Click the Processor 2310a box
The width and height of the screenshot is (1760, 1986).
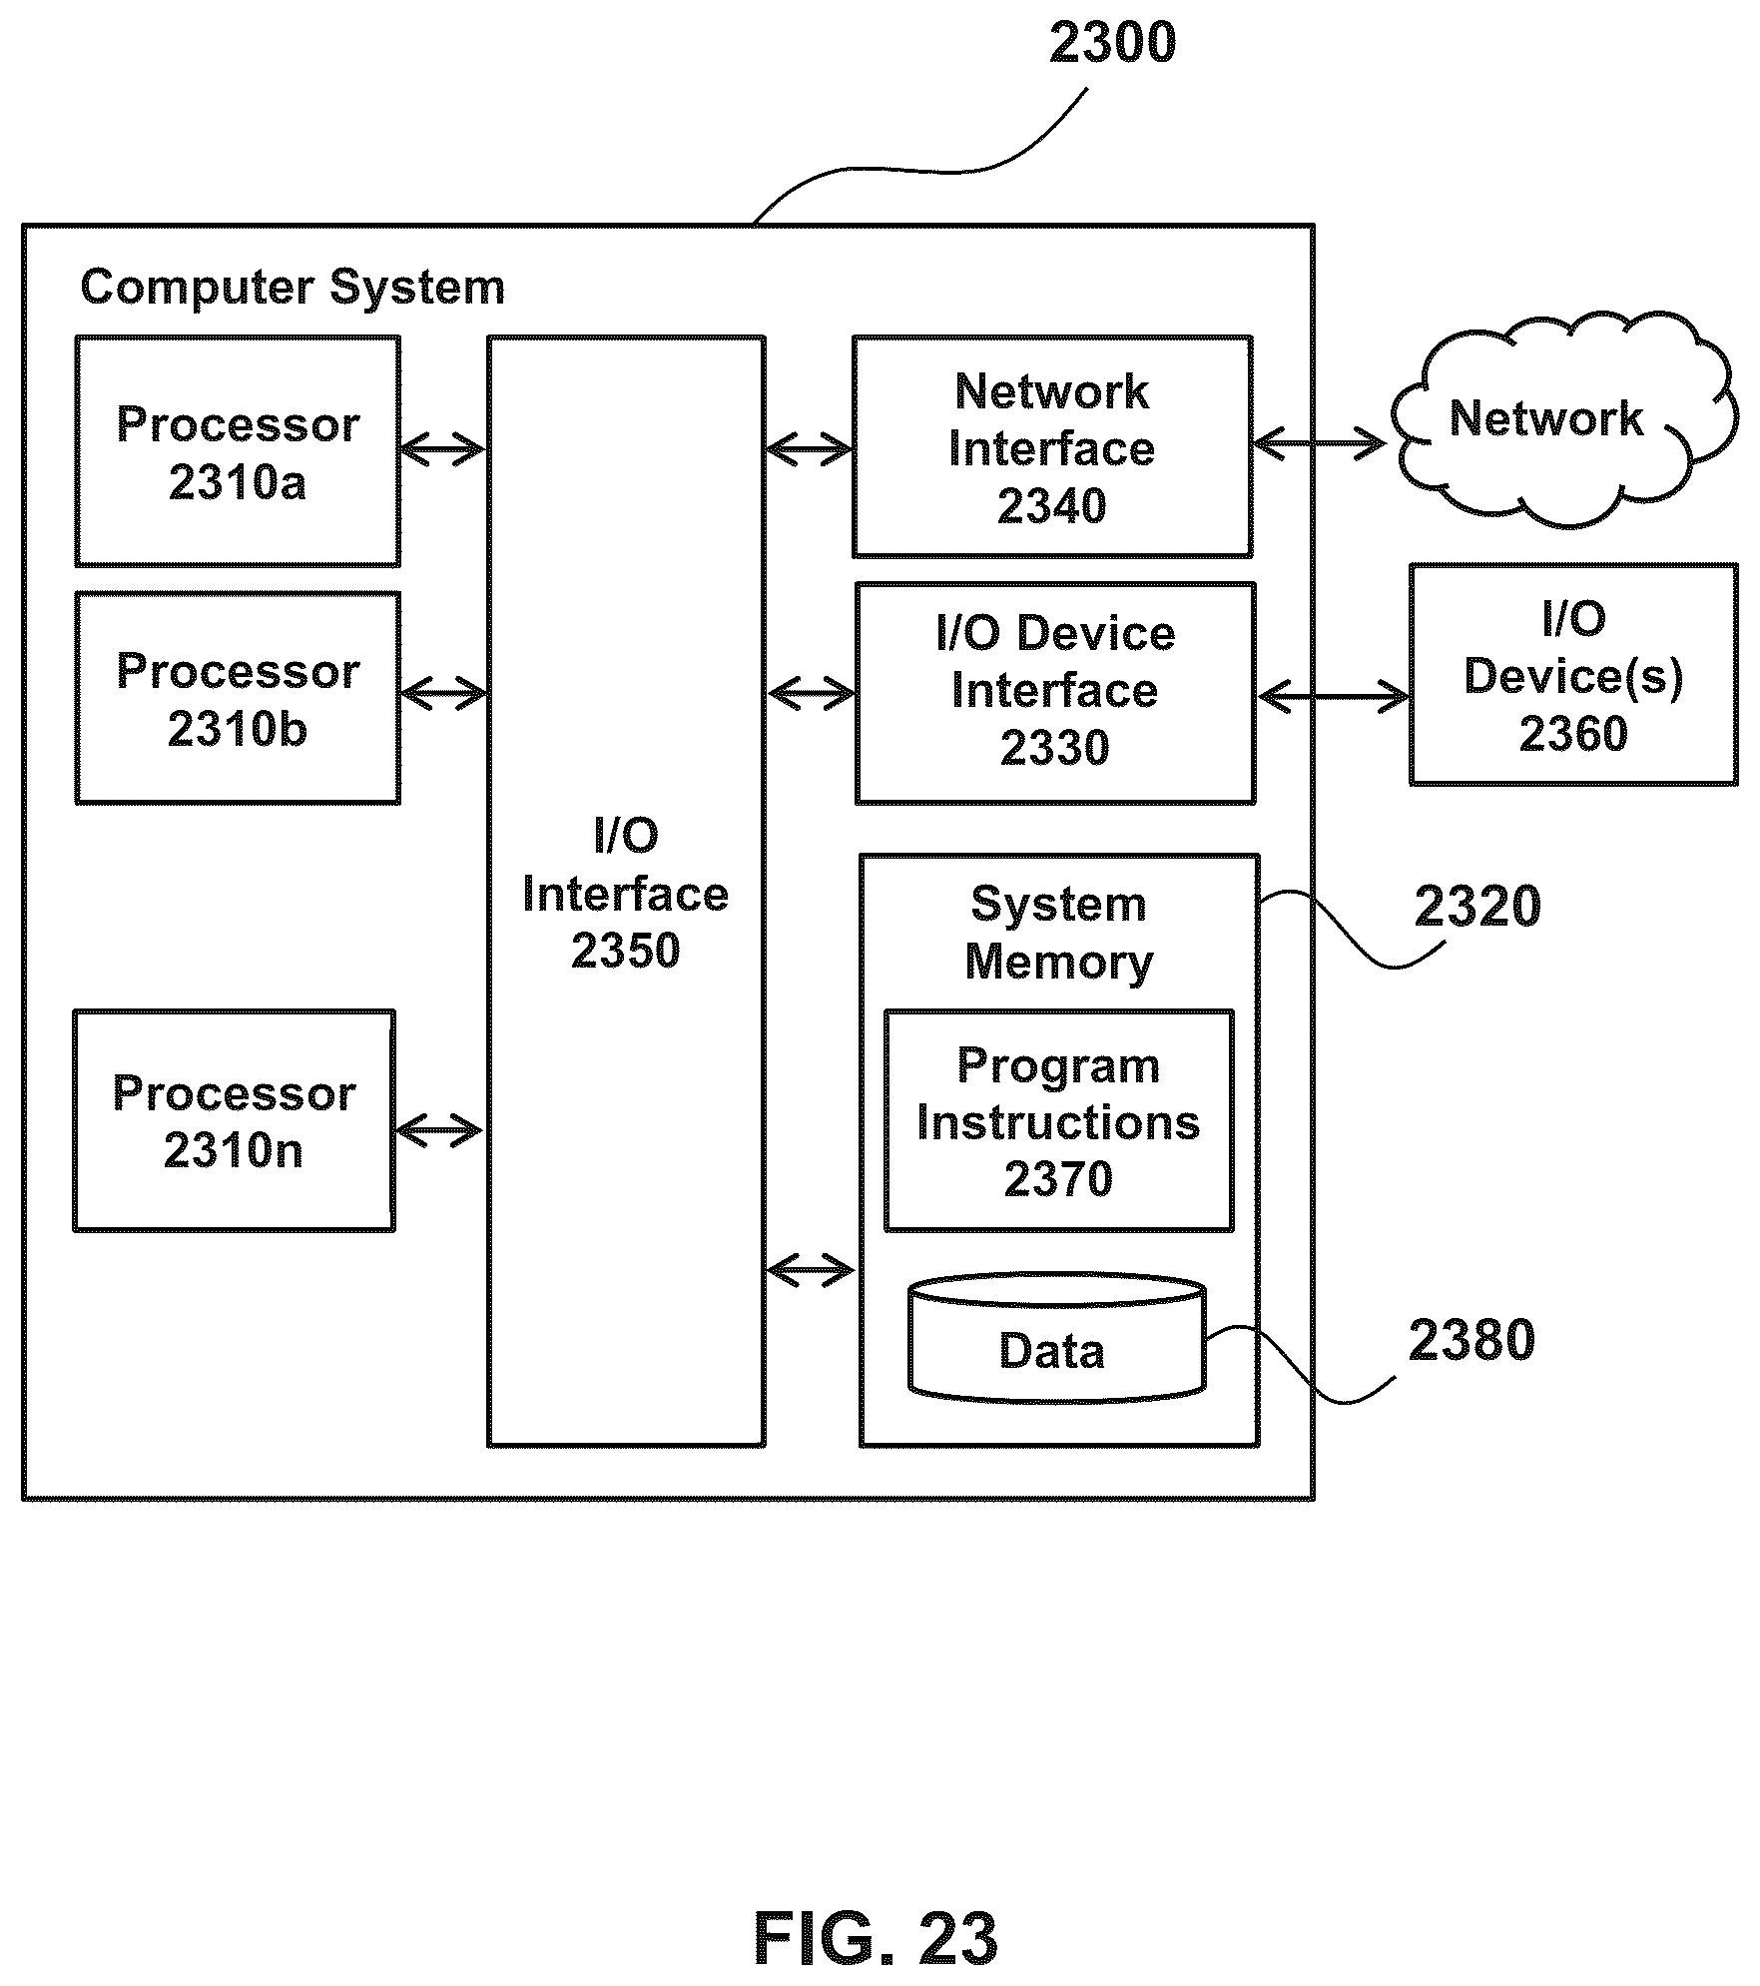click(238, 451)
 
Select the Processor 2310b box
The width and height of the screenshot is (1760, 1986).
click(238, 698)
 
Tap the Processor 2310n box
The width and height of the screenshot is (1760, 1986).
click(235, 1120)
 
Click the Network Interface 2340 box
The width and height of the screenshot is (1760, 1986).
click(1052, 446)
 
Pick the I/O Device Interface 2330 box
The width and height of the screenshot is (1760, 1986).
click(1055, 693)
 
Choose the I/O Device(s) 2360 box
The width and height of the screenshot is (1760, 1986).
click(1573, 675)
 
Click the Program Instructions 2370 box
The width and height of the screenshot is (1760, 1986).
click(1059, 1120)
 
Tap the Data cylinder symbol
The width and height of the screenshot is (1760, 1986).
click(1056, 1338)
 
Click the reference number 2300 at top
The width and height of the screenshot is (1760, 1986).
click(1112, 43)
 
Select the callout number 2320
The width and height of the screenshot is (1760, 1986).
click(1477, 907)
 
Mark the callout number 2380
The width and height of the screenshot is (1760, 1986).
click(1471, 1340)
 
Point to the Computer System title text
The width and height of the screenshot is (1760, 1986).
click(293, 288)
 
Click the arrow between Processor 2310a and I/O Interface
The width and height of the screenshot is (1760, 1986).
click(443, 449)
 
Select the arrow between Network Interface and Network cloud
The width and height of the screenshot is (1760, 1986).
click(1320, 443)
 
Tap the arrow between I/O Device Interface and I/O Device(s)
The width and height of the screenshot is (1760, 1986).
click(1334, 696)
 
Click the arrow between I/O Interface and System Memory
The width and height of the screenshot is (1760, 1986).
click(812, 1271)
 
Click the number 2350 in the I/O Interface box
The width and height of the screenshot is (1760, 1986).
click(626, 951)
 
